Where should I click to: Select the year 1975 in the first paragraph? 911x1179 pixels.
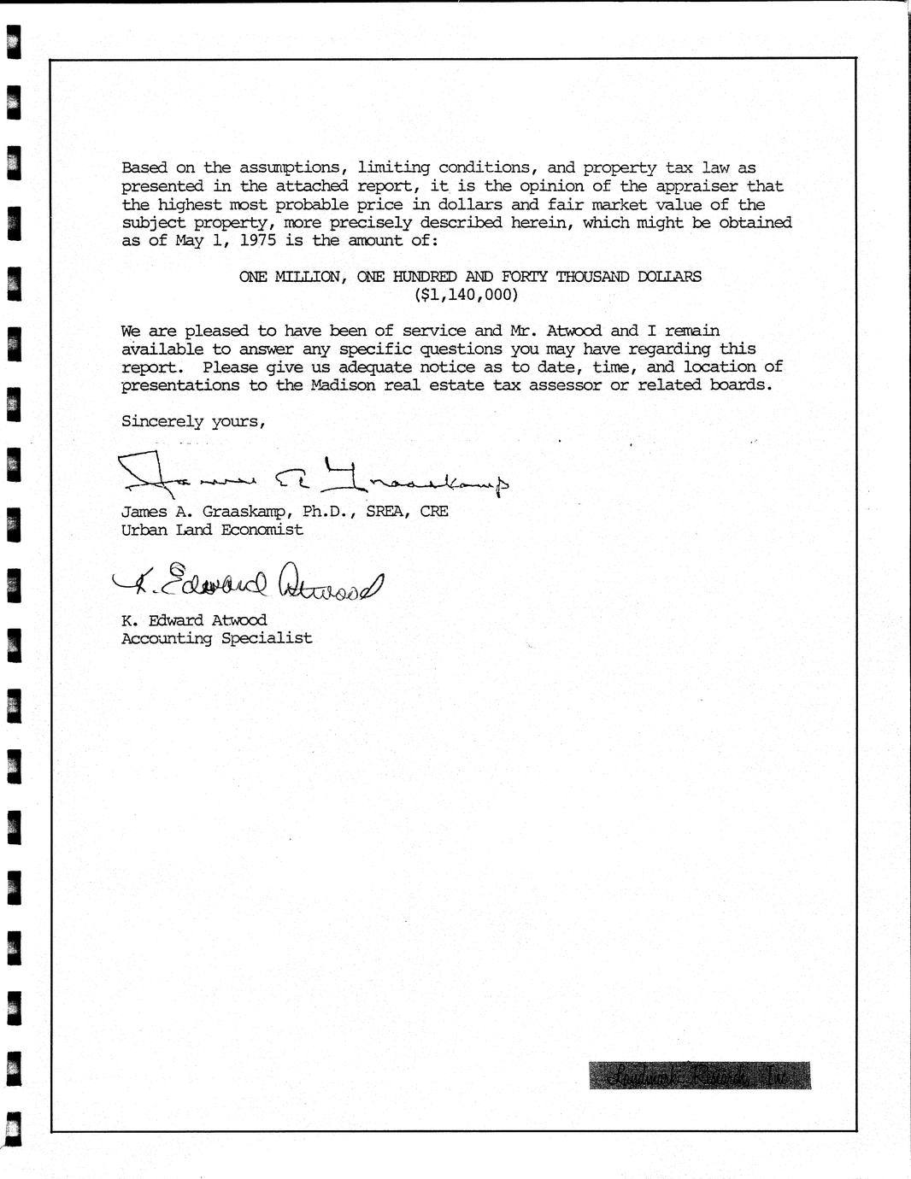coord(257,241)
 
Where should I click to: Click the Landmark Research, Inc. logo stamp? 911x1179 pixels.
coord(699,1076)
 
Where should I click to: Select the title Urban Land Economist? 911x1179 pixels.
coord(212,530)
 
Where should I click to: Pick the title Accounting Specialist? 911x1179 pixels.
coord(216,638)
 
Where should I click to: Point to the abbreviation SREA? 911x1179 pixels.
coord(388,512)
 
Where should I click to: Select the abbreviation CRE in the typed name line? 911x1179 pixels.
coord(433,512)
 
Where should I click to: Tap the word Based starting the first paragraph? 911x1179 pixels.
coord(144,168)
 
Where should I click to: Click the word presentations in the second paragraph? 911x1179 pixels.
coord(180,385)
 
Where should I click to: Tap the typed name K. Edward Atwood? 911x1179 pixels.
coord(194,620)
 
